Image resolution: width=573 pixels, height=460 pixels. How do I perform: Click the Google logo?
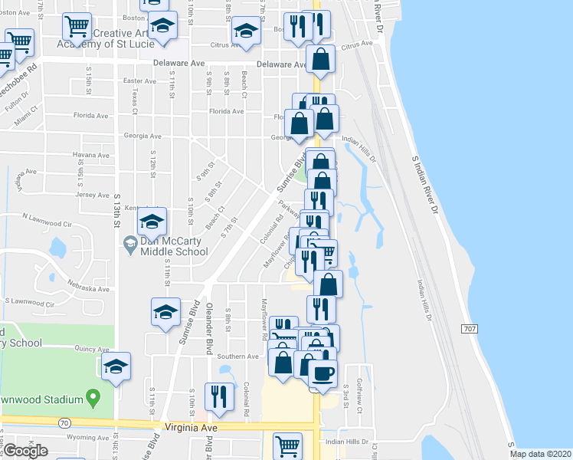tap(25, 451)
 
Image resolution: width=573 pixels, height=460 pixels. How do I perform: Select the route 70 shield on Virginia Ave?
tap(64, 422)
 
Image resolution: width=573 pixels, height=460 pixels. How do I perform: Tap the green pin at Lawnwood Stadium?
tap(93, 398)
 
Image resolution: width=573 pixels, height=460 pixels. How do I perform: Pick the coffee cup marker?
tap(323, 374)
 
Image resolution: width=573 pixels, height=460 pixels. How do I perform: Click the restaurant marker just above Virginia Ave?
tap(220, 396)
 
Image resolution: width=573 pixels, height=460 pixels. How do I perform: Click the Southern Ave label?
tap(237, 356)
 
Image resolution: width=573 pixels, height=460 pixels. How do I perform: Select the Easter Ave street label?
tap(139, 80)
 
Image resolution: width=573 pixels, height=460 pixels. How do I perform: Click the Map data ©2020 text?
tap(539, 454)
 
